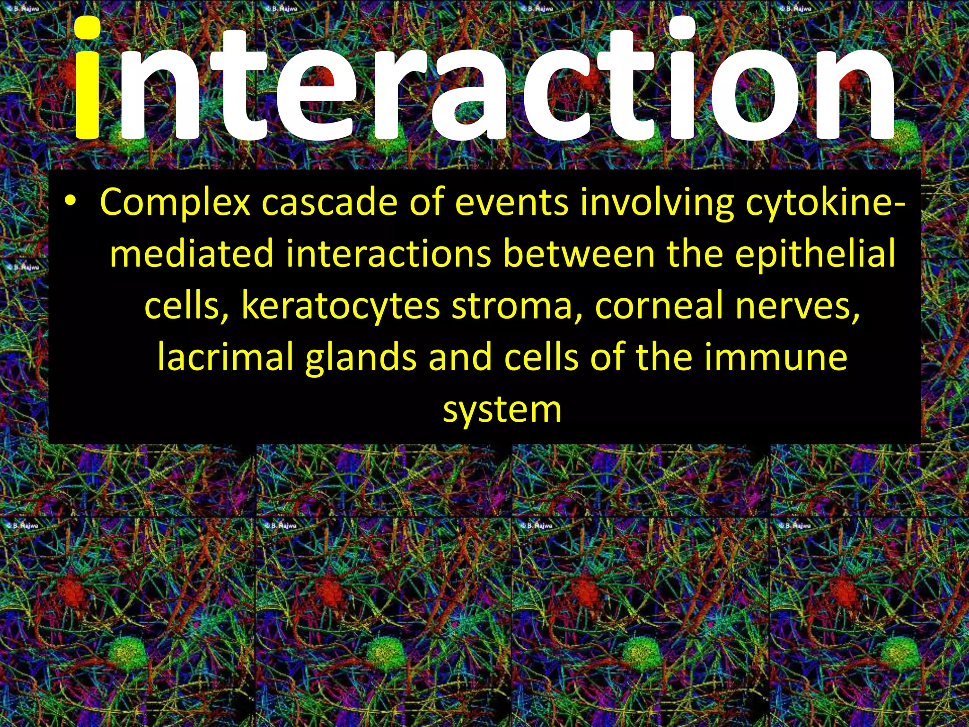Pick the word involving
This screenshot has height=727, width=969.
[x=657, y=202]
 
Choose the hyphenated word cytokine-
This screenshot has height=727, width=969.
[x=826, y=202]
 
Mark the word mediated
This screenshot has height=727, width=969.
[x=192, y=253]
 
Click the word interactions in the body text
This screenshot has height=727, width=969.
[x=388, y=253]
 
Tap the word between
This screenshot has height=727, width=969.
[x=579, y=253]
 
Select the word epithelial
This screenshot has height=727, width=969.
[x=815, y=253]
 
